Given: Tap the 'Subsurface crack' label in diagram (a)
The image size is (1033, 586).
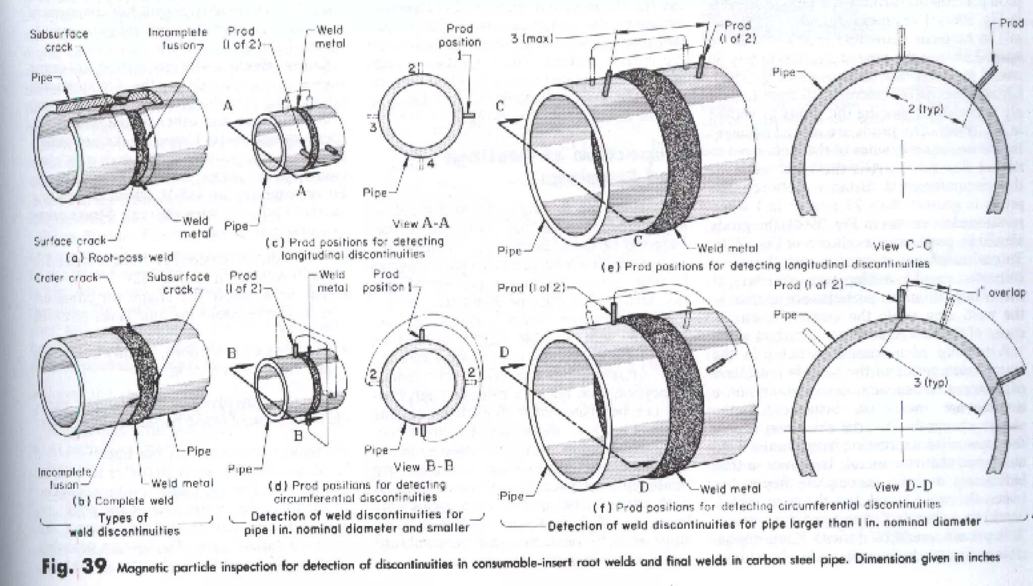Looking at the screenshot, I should pos(59,40).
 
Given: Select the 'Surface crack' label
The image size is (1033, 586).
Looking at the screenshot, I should pos(70,241).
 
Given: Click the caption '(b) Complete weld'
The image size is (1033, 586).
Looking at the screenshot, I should pos(123,501).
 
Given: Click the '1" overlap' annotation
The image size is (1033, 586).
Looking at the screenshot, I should pos(1000,293).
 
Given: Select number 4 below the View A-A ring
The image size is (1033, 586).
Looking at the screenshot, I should pos(431,163).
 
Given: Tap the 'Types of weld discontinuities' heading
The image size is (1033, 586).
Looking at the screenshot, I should pos(125,524).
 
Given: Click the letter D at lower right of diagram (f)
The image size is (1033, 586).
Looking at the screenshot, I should pos(644,487).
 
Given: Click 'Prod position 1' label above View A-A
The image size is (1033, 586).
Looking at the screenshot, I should pos(460,36).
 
